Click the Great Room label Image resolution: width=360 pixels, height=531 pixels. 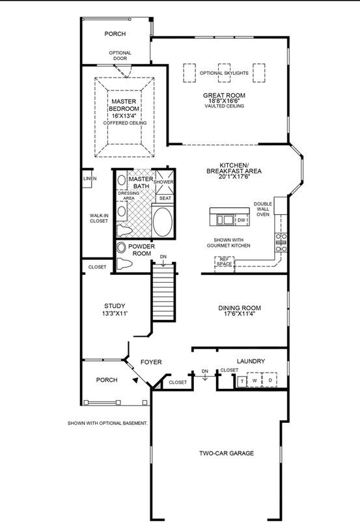224,96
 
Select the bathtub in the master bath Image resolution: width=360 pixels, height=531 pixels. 162,222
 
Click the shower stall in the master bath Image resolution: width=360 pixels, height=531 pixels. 164,180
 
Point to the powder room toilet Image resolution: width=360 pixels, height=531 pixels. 124,263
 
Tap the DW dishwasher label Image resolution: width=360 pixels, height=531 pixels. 242,220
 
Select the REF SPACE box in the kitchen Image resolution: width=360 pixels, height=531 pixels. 225,262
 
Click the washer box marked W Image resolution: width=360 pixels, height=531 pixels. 255,380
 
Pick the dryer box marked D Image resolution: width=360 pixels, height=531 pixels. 270,380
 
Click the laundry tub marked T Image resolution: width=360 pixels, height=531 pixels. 242,381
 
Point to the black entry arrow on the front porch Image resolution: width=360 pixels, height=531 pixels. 135,380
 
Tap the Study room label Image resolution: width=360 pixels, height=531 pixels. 115,306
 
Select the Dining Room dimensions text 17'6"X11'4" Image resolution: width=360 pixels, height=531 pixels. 239,314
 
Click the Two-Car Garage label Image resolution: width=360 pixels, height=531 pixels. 227,453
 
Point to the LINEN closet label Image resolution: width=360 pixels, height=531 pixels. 90,179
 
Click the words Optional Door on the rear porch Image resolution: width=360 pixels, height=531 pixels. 120,55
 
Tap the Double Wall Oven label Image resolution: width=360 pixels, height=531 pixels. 263,209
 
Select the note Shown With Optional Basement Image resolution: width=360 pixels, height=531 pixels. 107,423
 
